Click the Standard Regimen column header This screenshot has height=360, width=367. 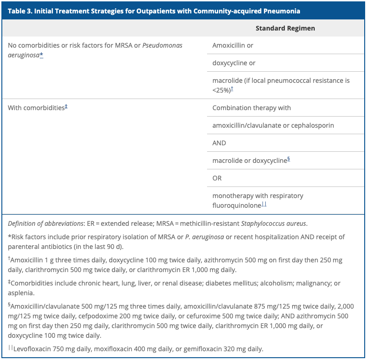pyautogui.click(x=285, y=28)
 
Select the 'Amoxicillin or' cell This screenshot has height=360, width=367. pyautogui.click(x=232, y=45)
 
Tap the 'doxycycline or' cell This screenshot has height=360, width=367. pyautogui.click(x=234, y=63)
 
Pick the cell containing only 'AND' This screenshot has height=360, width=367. pyautogui.click(x=219, y=143)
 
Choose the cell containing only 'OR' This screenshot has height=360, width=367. pyautogui.click(x=217, y=178)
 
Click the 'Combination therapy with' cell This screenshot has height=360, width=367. pyautogui.click(x=251, y=108)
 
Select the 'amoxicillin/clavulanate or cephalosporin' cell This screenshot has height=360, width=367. pyautogui.click(x=273, y=125)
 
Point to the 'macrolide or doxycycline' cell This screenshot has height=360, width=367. pyautogui.click(x=250, y=161)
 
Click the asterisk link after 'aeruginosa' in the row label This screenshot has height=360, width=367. pyautogui.click(x=42, y=55)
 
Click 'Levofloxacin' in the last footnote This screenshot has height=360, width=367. pyautogui.click(x=35, y=349)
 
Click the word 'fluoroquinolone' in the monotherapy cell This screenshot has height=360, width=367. pyautogui.click(x=237, y=205)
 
